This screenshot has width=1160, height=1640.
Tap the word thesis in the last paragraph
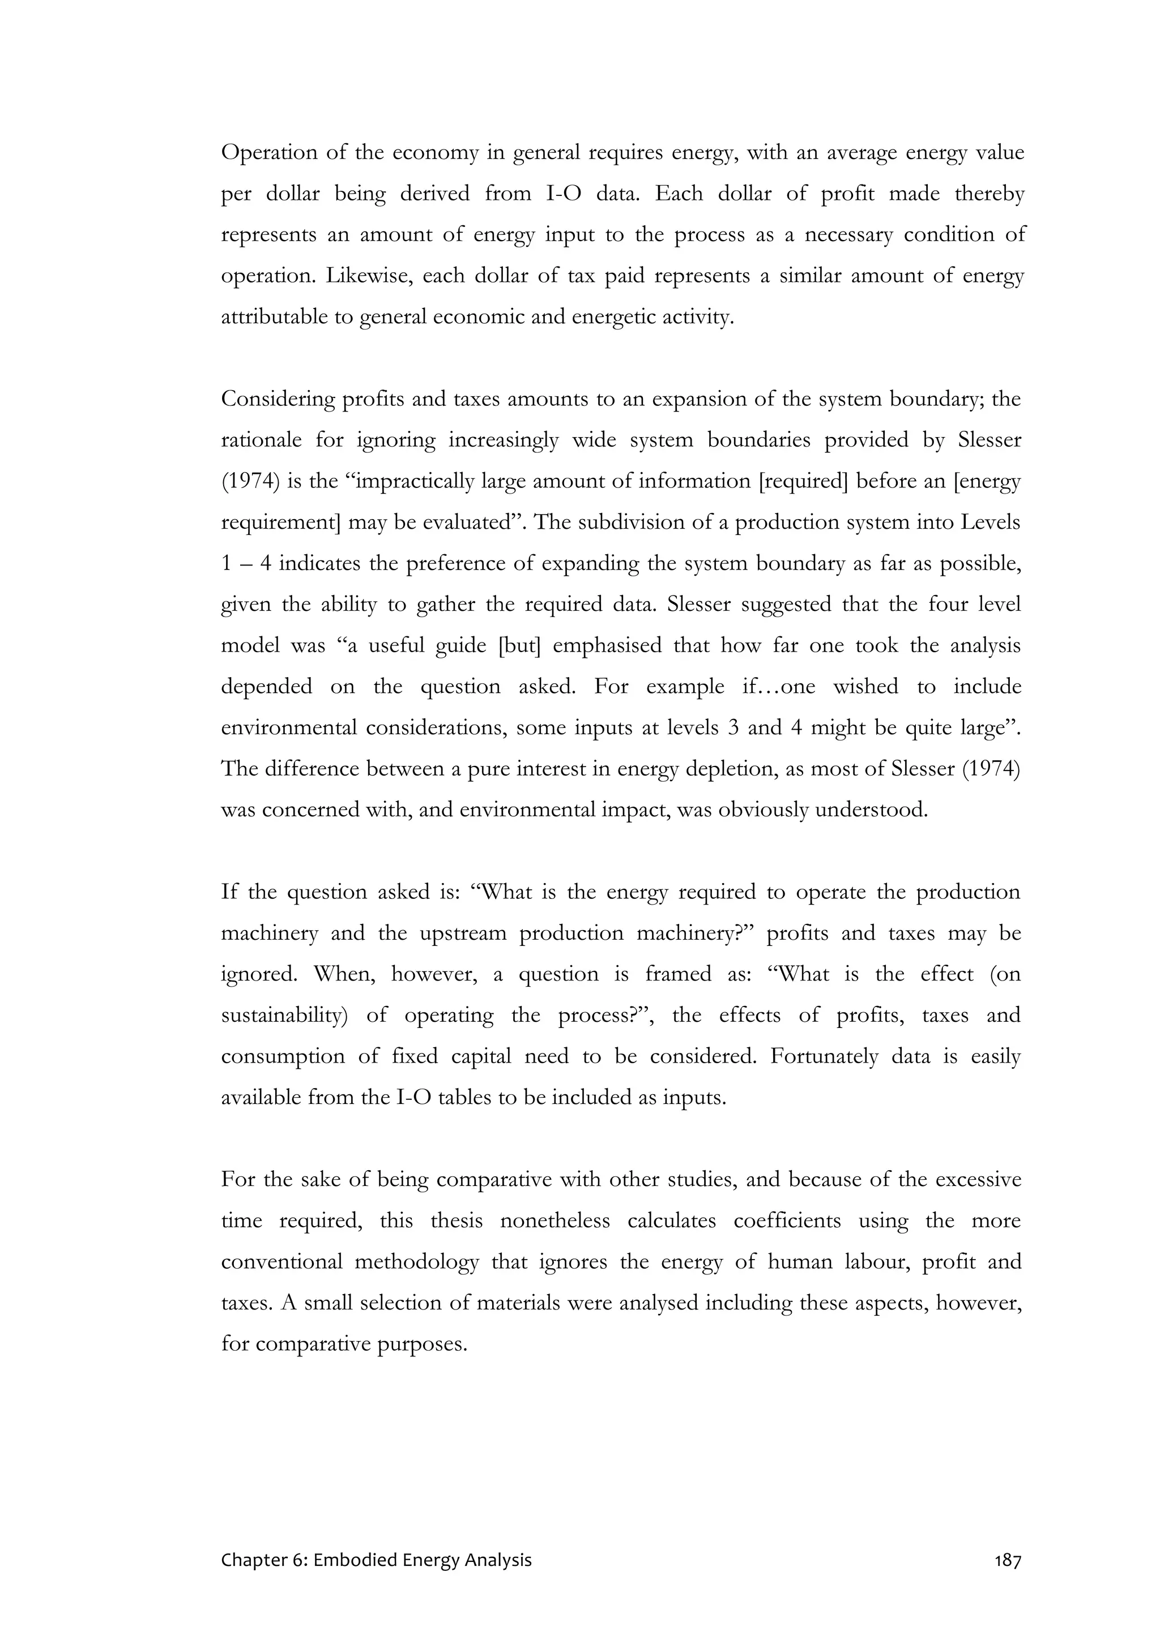point(456,1220)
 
